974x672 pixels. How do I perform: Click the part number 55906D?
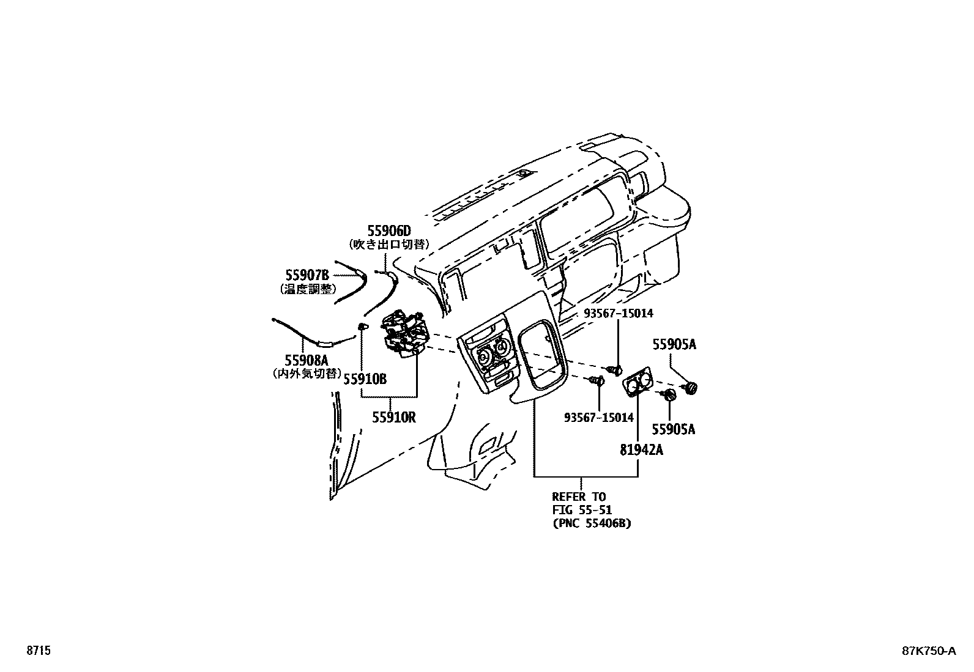389,231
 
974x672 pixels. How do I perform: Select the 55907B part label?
307,276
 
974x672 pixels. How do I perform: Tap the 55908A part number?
307,360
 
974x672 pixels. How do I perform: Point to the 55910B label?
365,380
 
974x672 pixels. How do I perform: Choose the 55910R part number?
394,418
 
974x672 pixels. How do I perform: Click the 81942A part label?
641,451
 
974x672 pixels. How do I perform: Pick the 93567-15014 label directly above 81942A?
599,418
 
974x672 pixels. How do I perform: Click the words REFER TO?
579,497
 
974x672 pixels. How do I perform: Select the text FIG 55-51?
582,510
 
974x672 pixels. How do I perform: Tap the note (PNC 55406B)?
592,523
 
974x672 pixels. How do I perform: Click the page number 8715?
39,651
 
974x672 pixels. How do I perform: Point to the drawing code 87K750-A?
928,651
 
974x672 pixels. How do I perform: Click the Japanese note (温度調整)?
307,289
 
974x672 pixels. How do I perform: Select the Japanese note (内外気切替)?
306,373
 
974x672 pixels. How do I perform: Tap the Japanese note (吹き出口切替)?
389,244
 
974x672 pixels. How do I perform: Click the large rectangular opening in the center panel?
540,356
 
